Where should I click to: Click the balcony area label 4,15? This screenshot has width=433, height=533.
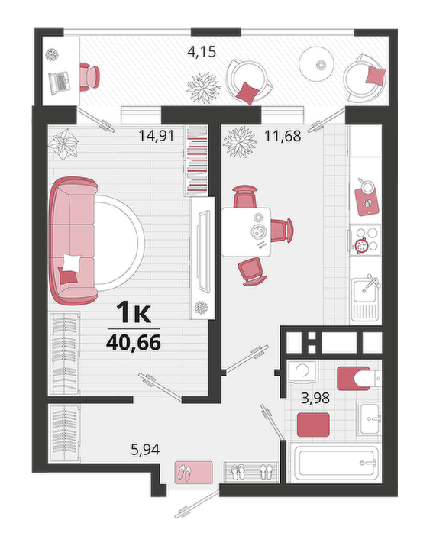[x=202, y=52]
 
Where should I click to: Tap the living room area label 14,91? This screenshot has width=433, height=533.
[x=157, y=136]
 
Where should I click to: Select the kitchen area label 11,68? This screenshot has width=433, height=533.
[x=283, y=136]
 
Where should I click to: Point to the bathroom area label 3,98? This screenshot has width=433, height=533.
[x=315, y=398]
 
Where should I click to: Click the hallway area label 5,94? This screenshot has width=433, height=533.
[x=145, y=450]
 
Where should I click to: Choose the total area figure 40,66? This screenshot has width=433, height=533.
[x=134, y=343]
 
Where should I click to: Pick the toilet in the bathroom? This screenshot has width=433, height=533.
[x=359, y=378]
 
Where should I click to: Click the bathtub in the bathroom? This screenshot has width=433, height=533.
[x=336, y=463]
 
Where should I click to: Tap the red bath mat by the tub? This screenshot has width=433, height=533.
[x=313, y=425]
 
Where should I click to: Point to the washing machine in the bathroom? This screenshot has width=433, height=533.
[x=302, y=372]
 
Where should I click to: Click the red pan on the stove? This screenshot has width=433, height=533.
[x=360, y=245]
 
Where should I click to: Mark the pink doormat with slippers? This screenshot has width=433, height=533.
[x=193, y=472]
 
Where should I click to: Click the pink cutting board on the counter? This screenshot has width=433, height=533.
[x=367, y=202]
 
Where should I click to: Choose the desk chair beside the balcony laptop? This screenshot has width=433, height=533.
[x=89, y=77]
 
